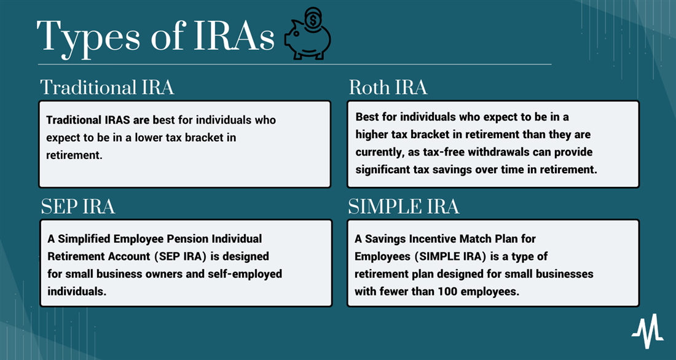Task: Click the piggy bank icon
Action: (x=307, y=41)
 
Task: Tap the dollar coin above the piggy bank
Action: (x=312, y=18)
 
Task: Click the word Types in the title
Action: (x=89, y=37)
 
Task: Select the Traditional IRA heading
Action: (x=108, y=87)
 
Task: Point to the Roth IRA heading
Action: (x=388, y=87)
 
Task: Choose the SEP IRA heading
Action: (x=78, y=206)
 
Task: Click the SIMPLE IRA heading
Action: (x=404, y=206)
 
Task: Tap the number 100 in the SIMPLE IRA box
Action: (x=447, y=291)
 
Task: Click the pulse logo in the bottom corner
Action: (x=648, y=331)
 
